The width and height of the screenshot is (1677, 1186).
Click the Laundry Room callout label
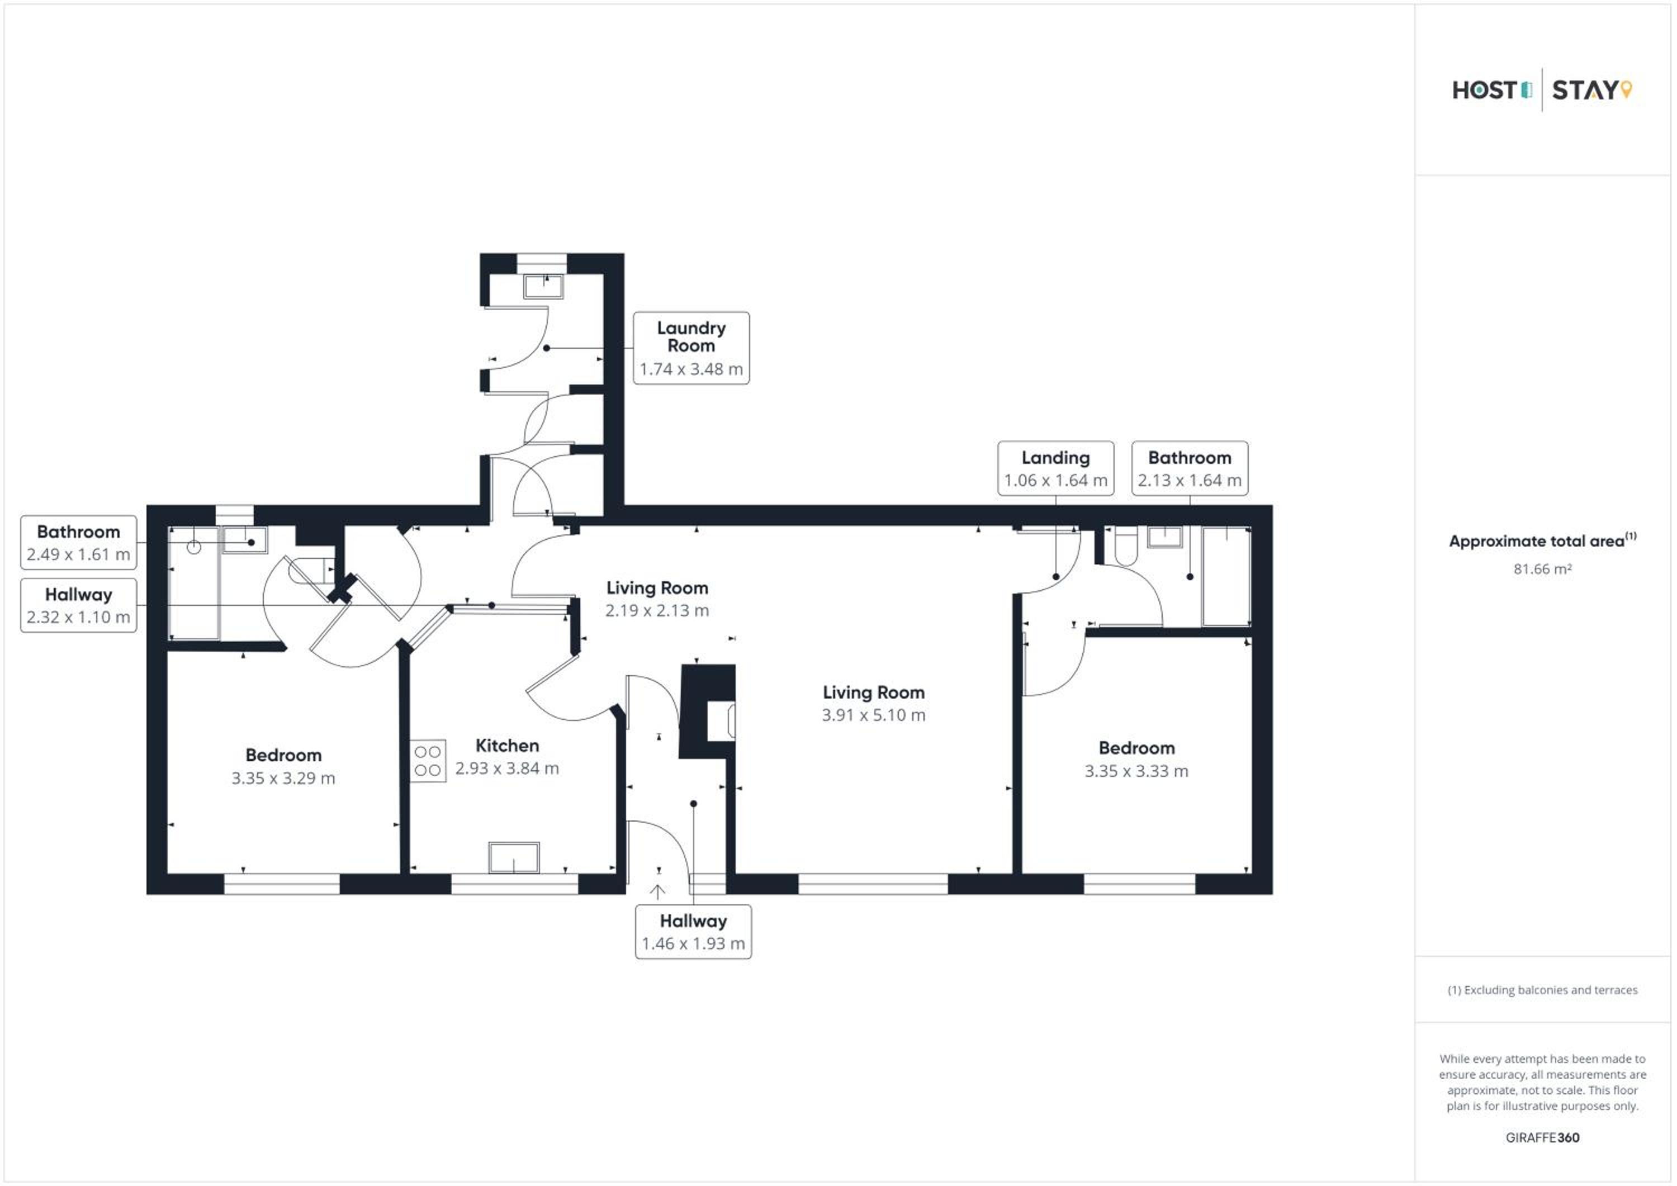691,348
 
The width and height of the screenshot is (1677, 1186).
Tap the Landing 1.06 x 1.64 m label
1055,468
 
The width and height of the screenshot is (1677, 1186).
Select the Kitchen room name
507,746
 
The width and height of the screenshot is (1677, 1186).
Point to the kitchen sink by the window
514,857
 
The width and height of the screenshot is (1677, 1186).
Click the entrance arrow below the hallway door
657,891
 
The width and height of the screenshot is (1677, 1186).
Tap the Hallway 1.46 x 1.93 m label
693,932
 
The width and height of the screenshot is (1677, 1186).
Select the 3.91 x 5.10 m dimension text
874,715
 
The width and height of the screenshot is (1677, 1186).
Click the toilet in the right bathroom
1126,545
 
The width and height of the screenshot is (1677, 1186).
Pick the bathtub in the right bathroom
1226,576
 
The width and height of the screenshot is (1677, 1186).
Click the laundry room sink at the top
543,286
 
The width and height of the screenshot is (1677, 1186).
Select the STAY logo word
1585,91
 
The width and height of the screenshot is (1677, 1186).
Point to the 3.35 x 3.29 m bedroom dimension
283,779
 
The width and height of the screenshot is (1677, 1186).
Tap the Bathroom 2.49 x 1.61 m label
78,543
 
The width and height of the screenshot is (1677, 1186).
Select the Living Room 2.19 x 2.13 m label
657,599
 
